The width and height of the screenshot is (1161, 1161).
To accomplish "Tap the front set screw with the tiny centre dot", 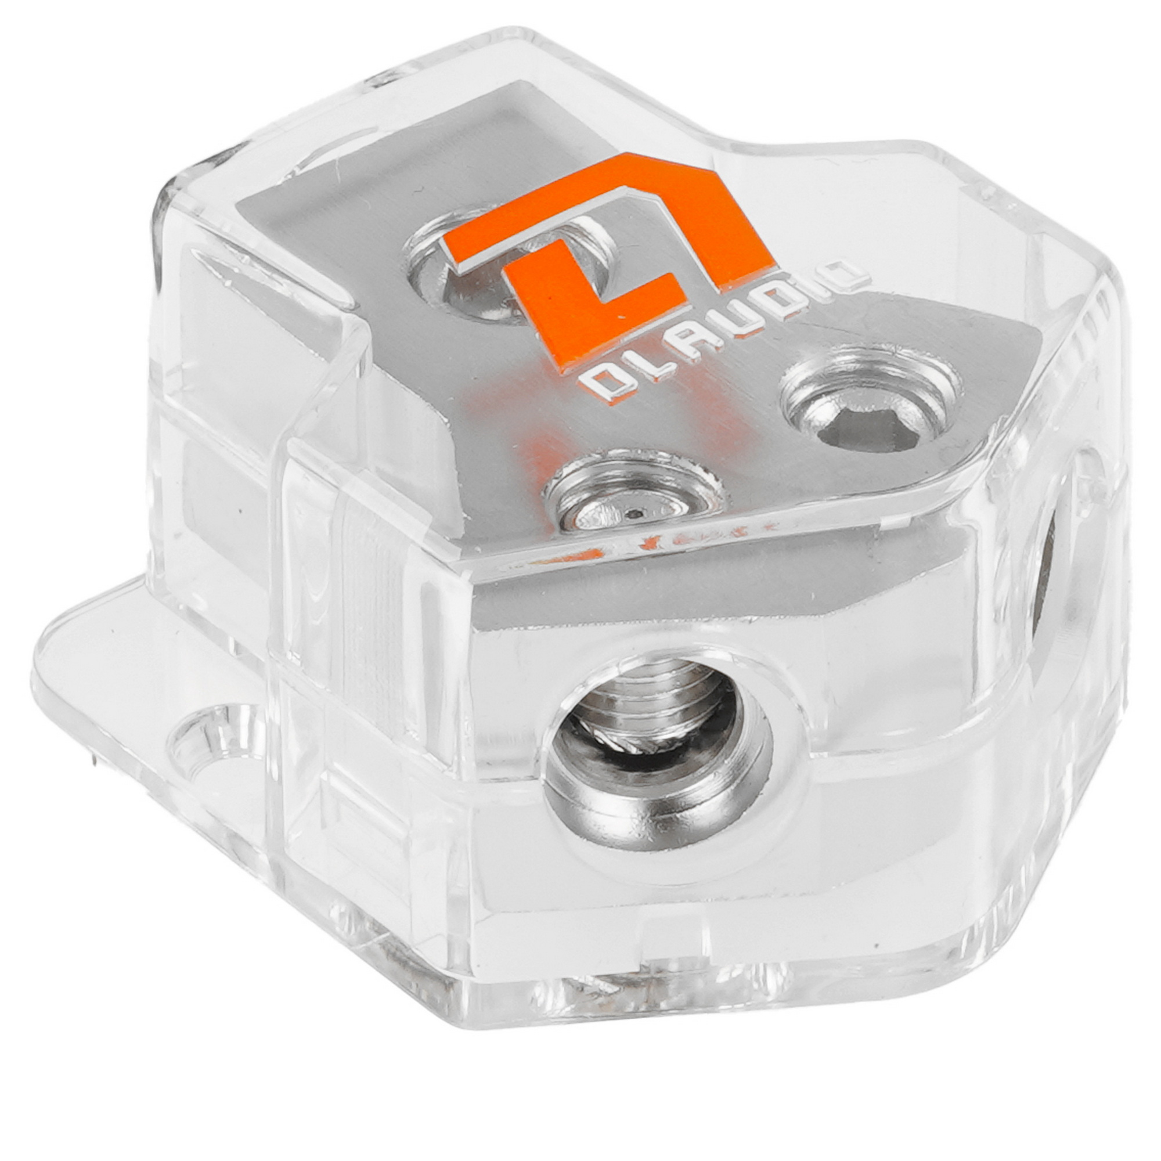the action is [636, 492].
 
